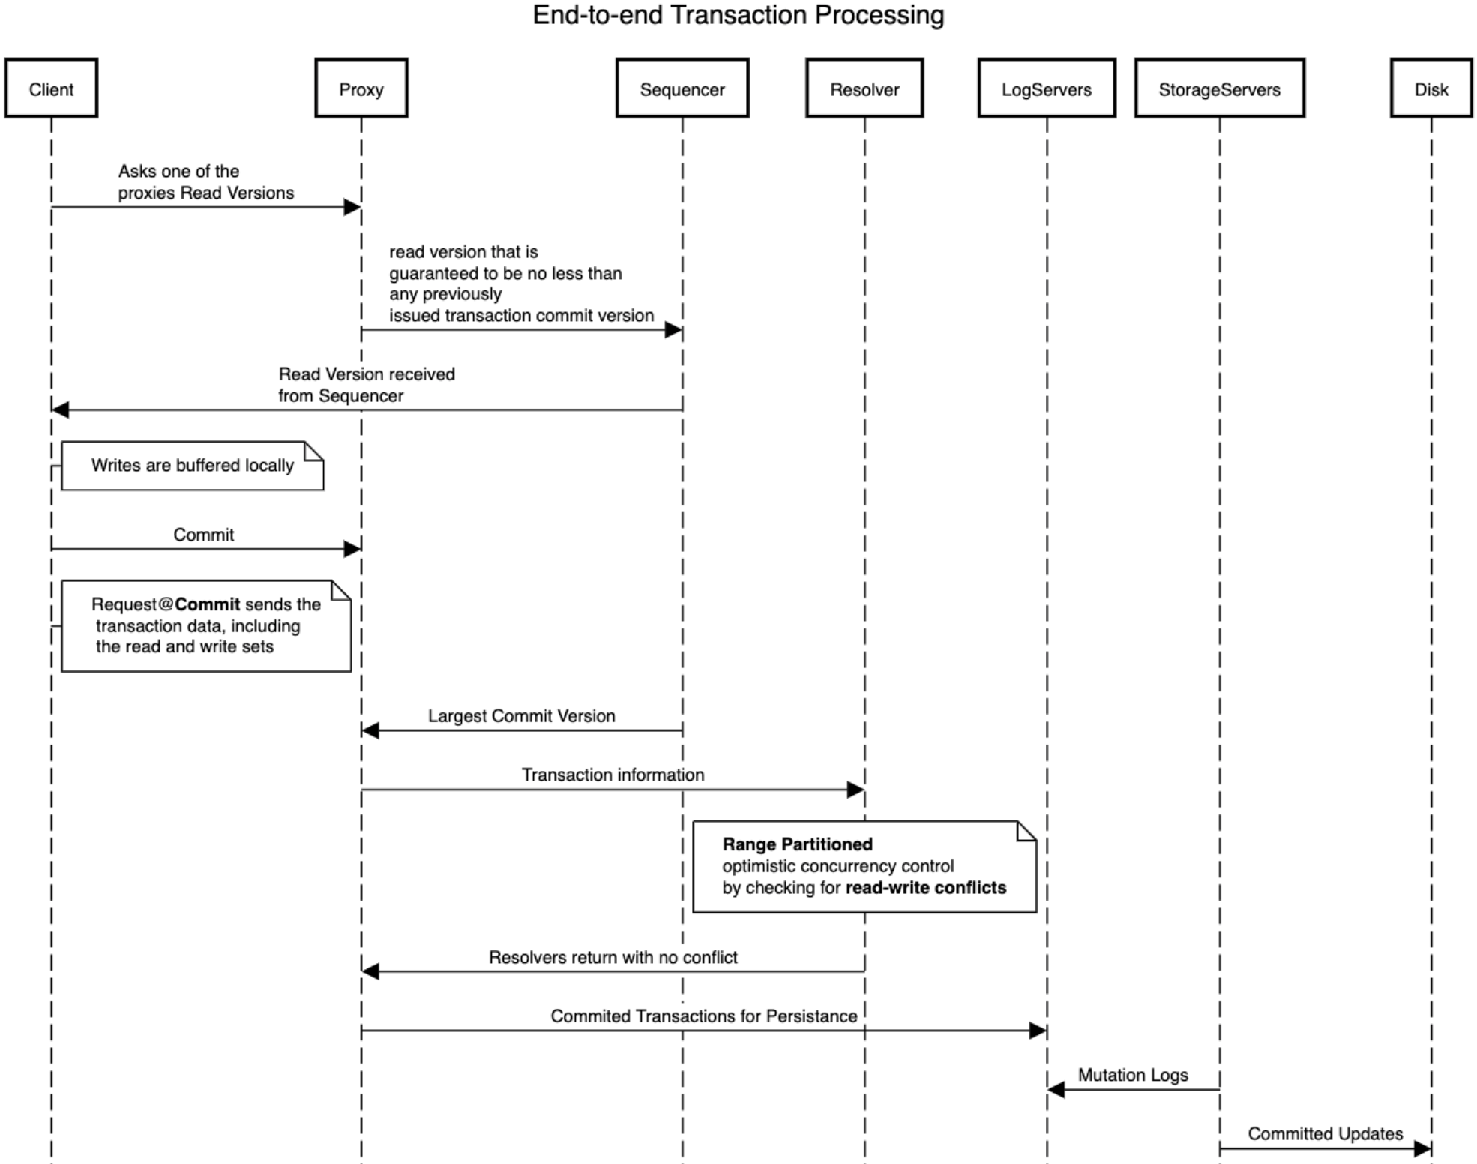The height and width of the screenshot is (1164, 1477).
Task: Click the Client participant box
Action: click(51, 88)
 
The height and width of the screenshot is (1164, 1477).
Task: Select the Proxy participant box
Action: click(361, 88)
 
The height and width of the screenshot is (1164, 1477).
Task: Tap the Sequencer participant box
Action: click(682, 88)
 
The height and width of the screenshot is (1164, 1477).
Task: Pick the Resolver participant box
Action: click(864, 88)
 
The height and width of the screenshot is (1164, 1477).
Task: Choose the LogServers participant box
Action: click(1046, 88)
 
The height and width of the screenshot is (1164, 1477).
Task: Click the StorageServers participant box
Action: click(1219, 88)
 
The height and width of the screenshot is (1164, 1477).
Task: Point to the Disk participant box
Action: click(1431, 88)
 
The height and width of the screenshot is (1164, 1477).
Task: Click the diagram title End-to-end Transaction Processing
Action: click(738, 15)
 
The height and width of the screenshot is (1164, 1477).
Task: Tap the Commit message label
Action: click(203, 535)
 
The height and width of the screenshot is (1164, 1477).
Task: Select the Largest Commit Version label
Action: click(521, 716)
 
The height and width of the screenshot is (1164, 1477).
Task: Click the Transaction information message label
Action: click(613, 775)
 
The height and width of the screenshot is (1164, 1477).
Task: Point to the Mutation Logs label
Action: click(1132, 1075)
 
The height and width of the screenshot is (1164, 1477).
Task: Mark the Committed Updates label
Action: click(1325, 1133)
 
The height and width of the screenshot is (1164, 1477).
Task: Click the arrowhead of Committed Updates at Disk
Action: click(1422, 1148)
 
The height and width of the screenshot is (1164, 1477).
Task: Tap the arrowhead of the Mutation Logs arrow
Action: click(1056, 1089)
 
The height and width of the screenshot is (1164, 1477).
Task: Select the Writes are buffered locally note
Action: click(192, 466)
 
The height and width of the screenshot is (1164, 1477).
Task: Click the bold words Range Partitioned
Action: click(797, 844)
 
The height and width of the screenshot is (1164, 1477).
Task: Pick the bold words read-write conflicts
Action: click(925, 888)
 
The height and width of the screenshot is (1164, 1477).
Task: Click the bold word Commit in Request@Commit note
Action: click(208, 604)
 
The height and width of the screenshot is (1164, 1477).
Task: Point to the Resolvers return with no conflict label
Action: click(613, 957)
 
